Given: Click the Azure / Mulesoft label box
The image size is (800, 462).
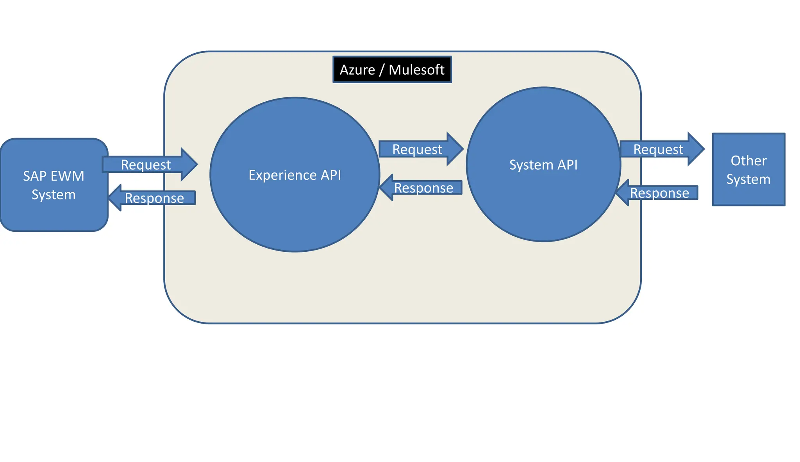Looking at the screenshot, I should point(392,70).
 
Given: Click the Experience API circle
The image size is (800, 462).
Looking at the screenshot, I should point(295,211).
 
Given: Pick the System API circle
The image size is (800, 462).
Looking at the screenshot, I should point(543,203).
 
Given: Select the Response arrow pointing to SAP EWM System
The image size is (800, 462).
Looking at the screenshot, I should point(154,198).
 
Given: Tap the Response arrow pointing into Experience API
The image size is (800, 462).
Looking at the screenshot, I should point(424,188).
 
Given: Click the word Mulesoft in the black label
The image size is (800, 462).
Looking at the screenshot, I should point(416,70).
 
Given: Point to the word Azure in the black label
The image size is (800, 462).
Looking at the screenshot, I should point(357,70).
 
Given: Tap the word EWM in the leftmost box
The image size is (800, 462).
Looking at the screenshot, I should point(67,176).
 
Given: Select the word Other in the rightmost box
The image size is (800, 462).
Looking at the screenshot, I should point(748,161).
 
